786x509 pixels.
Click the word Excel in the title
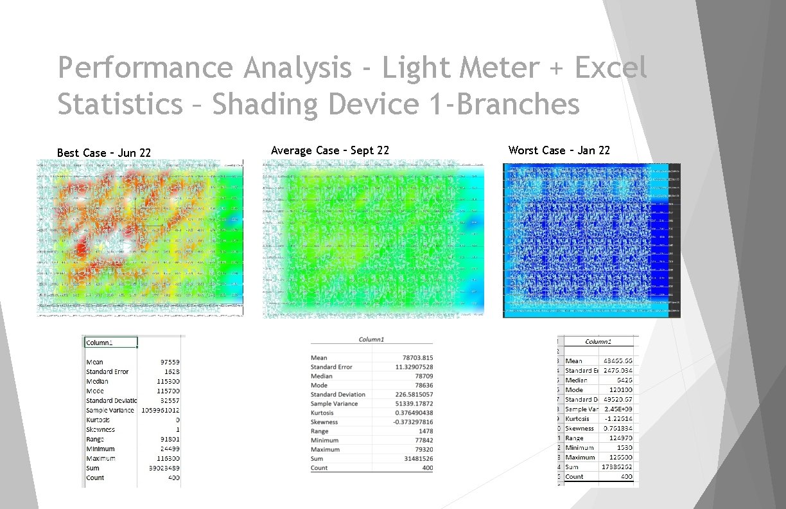click(610, 67)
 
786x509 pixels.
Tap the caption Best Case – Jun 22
click(104, 153)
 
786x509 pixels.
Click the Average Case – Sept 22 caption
click(330, 150)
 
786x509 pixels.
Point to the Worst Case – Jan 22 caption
click(559, 150)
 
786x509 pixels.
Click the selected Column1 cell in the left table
click(110, 343)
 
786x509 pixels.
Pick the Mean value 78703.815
click(415, 358)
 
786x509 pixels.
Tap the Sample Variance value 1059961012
click(159, 410)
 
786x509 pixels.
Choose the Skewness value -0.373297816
click(412, 422)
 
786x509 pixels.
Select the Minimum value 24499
click(169, 449)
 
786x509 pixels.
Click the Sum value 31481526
click(418, 459)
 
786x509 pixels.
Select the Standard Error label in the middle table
click(331, 367)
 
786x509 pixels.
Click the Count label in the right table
click(574, 477)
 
